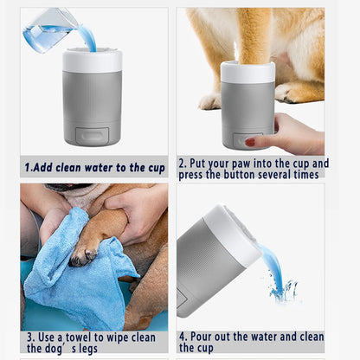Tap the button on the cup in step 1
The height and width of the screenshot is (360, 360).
tap(93, 135)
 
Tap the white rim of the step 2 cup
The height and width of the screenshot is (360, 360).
tap(247, 72)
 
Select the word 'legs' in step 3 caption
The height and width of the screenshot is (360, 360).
tap(101, 348)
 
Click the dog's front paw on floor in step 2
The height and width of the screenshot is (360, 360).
tap(209, 101)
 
